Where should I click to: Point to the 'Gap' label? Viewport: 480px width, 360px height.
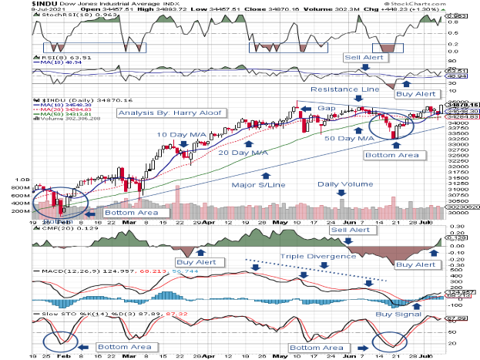pos(325,109)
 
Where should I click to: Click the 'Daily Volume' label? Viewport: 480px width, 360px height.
pos(340,185)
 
